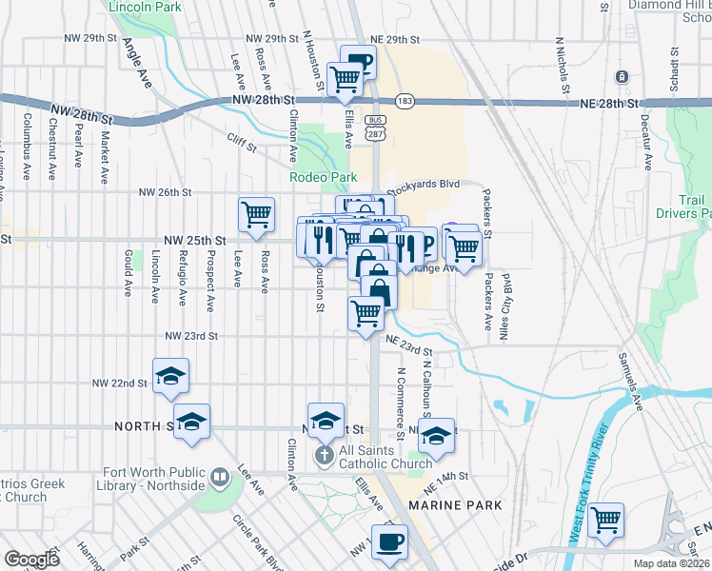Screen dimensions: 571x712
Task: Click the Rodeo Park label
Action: [323, 177]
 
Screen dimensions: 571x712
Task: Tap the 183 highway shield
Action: [405, 101]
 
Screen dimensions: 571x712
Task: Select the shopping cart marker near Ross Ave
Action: [257, 215]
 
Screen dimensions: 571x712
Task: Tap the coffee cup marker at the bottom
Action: [389, 542]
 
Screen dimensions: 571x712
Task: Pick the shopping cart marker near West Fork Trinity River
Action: [606, 521]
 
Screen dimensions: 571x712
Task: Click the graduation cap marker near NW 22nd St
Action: [171, 376]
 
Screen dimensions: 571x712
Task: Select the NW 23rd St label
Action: [192, 336]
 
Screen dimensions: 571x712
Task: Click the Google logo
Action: [31, 559]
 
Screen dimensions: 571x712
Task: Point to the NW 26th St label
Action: [159, 192]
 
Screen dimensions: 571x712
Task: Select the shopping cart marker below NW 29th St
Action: [344, 80]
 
